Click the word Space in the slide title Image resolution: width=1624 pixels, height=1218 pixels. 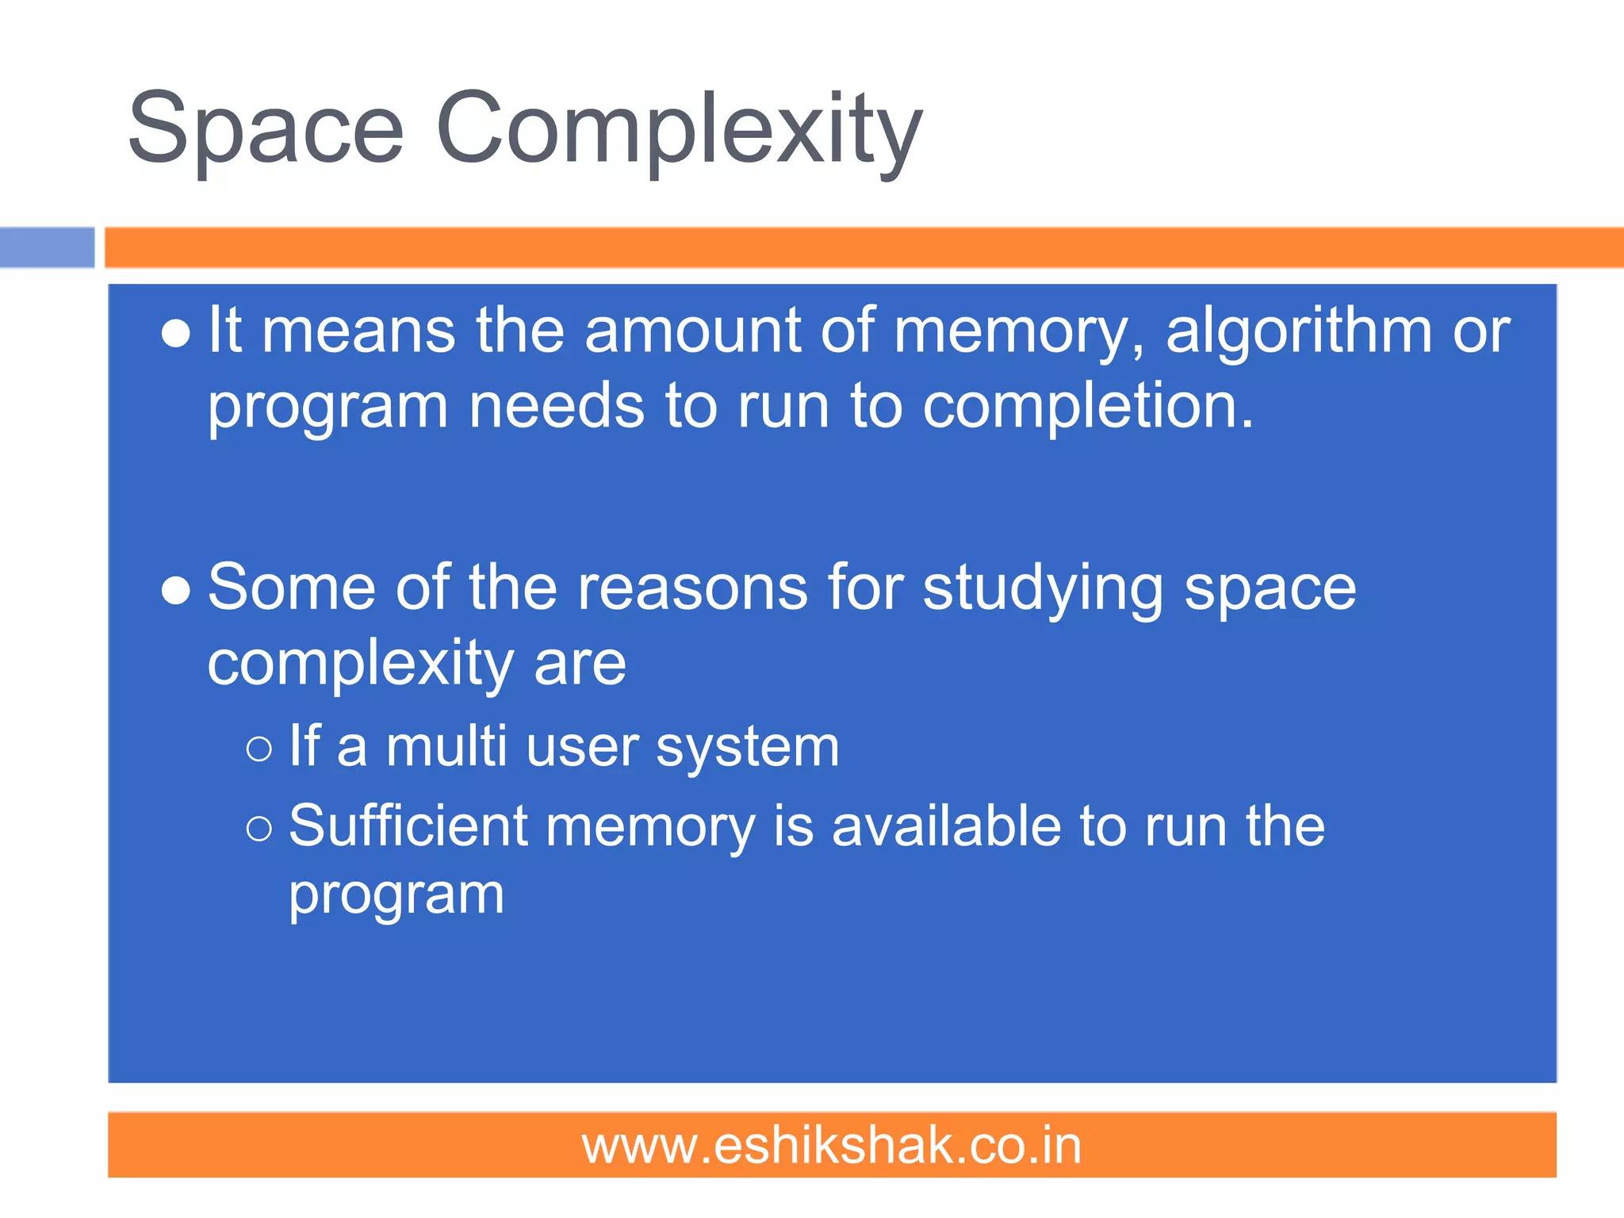point(266,128)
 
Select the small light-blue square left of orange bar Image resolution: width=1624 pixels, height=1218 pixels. point(47,247)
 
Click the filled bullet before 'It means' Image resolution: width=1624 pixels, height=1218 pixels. point(175,334)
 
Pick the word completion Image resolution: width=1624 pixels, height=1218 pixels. point(1087,406)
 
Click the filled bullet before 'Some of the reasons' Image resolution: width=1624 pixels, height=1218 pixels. point(175,591)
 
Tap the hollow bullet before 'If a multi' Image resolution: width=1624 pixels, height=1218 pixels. point(259,749)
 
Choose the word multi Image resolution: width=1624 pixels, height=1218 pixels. point(446,747)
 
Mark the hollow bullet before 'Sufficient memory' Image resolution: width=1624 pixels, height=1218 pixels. point(259,829)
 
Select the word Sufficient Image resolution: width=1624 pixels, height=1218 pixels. point(408,826)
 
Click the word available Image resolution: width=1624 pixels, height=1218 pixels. point(947,826)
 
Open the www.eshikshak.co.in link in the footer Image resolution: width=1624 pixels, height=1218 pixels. point(831,1146)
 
